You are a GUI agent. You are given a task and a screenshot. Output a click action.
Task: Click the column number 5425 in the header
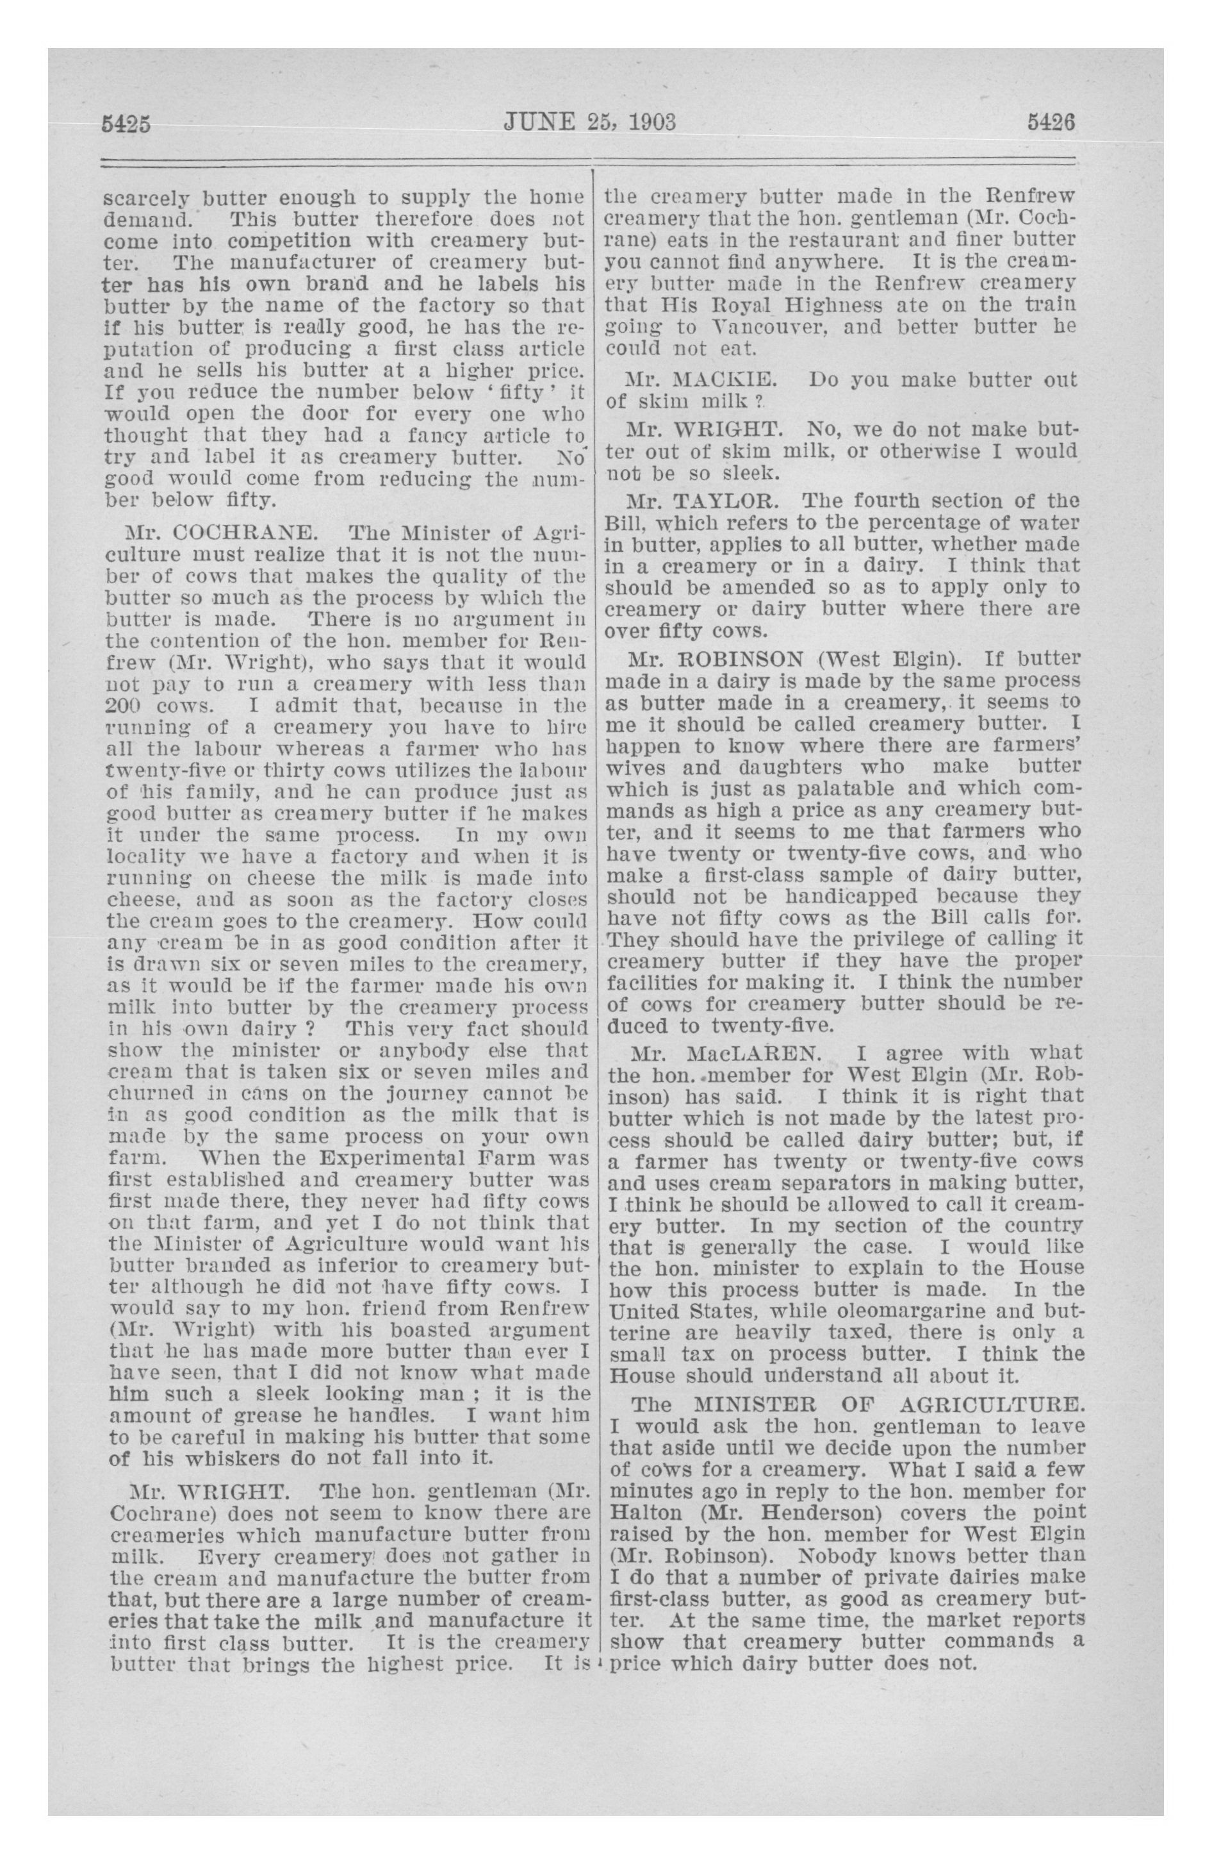click(x=126, y=124)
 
